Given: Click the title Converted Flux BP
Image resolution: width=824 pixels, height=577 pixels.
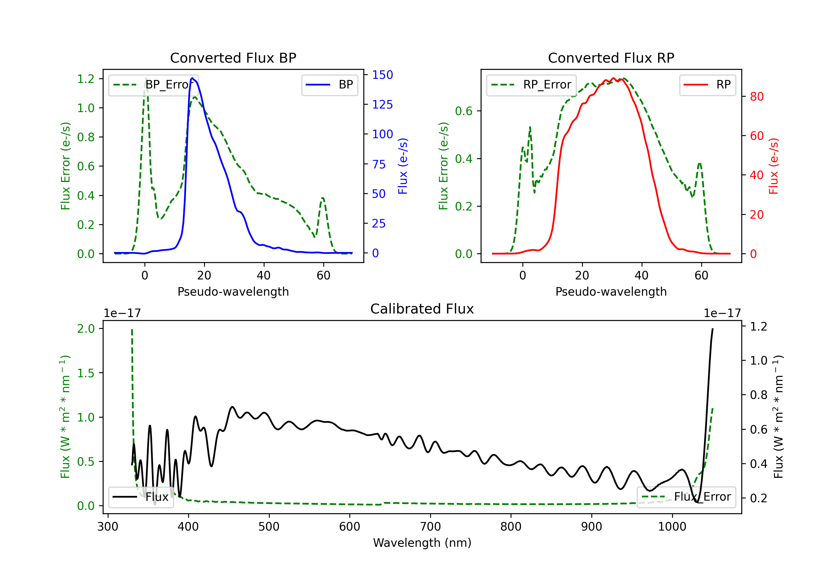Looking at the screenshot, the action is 233,58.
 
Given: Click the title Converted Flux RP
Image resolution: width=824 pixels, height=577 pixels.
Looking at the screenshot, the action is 611,58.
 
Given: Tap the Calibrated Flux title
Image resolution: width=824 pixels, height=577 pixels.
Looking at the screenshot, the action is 422,309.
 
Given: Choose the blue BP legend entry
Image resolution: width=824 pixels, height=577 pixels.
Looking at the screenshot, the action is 329,85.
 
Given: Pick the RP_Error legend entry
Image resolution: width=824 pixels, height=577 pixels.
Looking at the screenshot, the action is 531,85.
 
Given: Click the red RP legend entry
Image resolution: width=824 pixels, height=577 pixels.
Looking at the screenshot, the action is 707,85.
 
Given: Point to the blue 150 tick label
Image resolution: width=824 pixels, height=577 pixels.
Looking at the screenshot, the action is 382,75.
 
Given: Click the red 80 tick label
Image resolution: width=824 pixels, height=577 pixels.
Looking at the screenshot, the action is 756,97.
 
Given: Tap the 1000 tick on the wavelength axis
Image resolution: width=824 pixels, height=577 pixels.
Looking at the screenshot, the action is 672,527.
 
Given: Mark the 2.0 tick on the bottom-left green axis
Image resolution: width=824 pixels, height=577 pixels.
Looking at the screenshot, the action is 86,329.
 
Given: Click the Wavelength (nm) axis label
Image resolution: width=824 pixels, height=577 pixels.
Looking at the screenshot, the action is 422,543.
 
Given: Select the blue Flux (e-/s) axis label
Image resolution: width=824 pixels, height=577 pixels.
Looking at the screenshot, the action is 403,166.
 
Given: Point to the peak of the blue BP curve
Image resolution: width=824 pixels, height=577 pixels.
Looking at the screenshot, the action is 192,78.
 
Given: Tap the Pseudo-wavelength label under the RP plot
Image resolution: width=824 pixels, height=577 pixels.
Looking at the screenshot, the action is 611,292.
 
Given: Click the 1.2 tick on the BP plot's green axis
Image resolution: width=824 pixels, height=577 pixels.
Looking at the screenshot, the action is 86,79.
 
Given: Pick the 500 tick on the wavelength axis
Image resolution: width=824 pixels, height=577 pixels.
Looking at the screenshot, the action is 269,527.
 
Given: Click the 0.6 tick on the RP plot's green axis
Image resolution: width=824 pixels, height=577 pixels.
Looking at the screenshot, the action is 464,111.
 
